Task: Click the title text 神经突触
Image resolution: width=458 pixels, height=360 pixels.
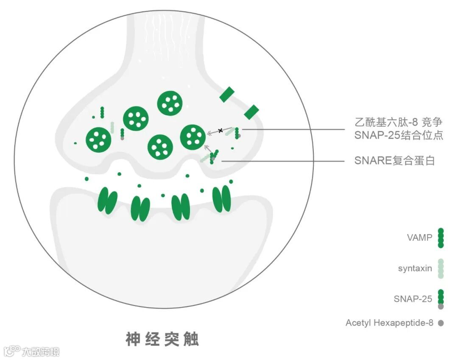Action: point(162,339)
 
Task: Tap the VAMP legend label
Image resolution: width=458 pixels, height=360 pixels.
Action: point(419,237)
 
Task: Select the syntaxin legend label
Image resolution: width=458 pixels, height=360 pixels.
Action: point(415,268)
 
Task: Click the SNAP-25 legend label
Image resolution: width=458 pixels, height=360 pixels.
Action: point(413,299)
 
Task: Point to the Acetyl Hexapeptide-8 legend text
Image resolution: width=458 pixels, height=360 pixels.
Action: point(389,323)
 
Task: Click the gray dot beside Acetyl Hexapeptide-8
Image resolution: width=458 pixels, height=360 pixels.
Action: point(441,323)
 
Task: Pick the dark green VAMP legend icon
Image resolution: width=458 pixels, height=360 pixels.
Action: point(441,237)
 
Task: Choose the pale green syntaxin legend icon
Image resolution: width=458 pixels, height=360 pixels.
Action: point(441,268)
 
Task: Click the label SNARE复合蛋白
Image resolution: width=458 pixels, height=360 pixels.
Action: point(394,161)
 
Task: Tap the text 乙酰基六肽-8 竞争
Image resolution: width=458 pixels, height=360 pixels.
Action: point(398,123)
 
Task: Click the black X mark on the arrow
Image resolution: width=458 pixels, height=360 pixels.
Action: point(221,130)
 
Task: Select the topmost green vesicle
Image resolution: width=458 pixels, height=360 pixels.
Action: point(170,103)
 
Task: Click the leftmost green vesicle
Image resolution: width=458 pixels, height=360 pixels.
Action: point(98,139)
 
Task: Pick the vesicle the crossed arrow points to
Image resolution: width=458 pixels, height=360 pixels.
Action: point(193,137)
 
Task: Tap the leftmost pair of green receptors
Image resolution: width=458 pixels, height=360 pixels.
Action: point(107,201)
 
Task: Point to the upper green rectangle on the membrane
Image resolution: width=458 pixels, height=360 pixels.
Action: point(227,94)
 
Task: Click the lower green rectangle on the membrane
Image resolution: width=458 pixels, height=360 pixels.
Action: point(251,112)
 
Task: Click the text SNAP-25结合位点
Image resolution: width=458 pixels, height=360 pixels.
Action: point(399,136)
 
